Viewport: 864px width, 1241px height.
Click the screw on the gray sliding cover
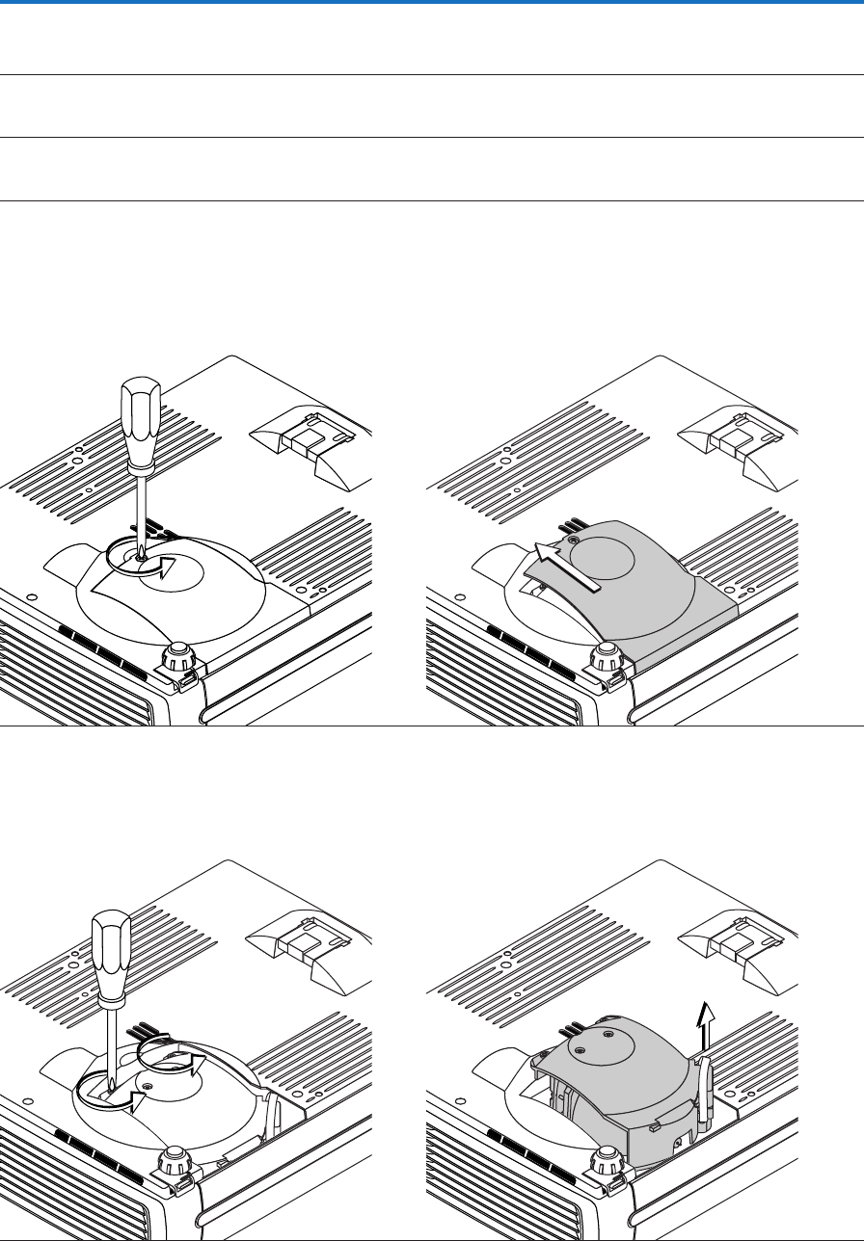click(574, 542)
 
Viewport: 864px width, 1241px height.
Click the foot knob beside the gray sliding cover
click(606, 658)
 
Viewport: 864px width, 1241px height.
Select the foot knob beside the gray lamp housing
click(606, 1159)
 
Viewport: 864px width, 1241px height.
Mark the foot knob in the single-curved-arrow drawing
click(176, 658)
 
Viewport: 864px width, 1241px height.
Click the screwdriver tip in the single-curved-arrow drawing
click(141, 553)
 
